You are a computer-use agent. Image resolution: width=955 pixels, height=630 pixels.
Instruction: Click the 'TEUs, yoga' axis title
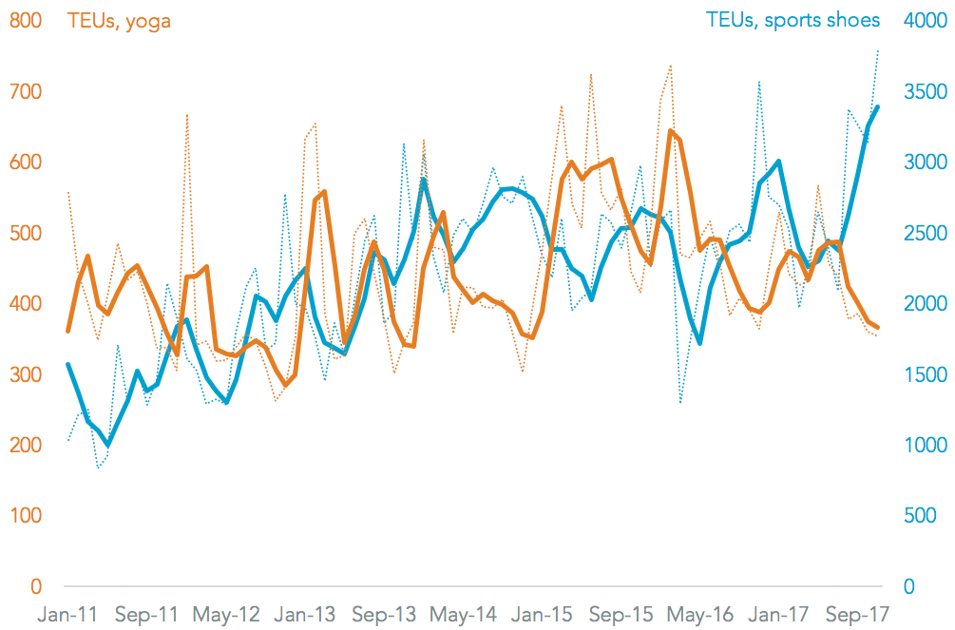[119, 20]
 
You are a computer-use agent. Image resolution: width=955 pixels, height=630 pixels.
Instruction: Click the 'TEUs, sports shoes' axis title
[793, 20]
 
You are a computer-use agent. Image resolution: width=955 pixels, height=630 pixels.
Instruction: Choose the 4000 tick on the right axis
[920, 21]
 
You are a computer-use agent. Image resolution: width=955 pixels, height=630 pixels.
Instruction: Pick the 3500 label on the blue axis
[920, 92]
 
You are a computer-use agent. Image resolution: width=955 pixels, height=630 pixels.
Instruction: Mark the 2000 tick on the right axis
[920, 304]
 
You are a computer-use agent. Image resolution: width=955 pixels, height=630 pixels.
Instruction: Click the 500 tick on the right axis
[913, 516]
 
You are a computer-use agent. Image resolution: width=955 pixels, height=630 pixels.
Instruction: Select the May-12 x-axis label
[227, 615]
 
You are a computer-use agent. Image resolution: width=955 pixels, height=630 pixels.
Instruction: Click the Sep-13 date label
[382, 615]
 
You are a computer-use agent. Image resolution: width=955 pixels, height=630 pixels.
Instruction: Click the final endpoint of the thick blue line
[877, 107]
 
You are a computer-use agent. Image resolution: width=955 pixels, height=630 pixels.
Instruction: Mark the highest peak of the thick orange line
[670, 131]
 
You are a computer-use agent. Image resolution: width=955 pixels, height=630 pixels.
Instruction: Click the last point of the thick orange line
[877, 327]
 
